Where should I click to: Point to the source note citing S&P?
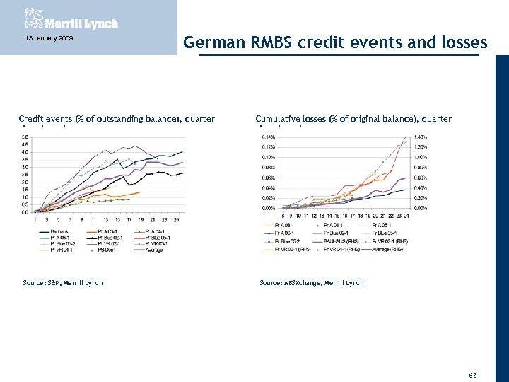tap(62, 283)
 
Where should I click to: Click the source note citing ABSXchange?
tap(311, 283)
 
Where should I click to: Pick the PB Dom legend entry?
tap(107, 249)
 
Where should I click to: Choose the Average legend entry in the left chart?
tap(156, 249)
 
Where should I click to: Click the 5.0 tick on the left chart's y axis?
tap(25, 137)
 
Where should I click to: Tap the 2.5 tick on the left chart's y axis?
tap(25, 174)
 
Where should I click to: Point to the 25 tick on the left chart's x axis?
tap(176, 220)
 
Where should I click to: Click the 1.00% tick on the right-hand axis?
tap(421, 157)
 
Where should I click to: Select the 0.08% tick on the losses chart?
tap(269, 167)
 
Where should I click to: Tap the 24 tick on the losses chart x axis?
tap(406, 215)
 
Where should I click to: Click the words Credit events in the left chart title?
tap(42, 119)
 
